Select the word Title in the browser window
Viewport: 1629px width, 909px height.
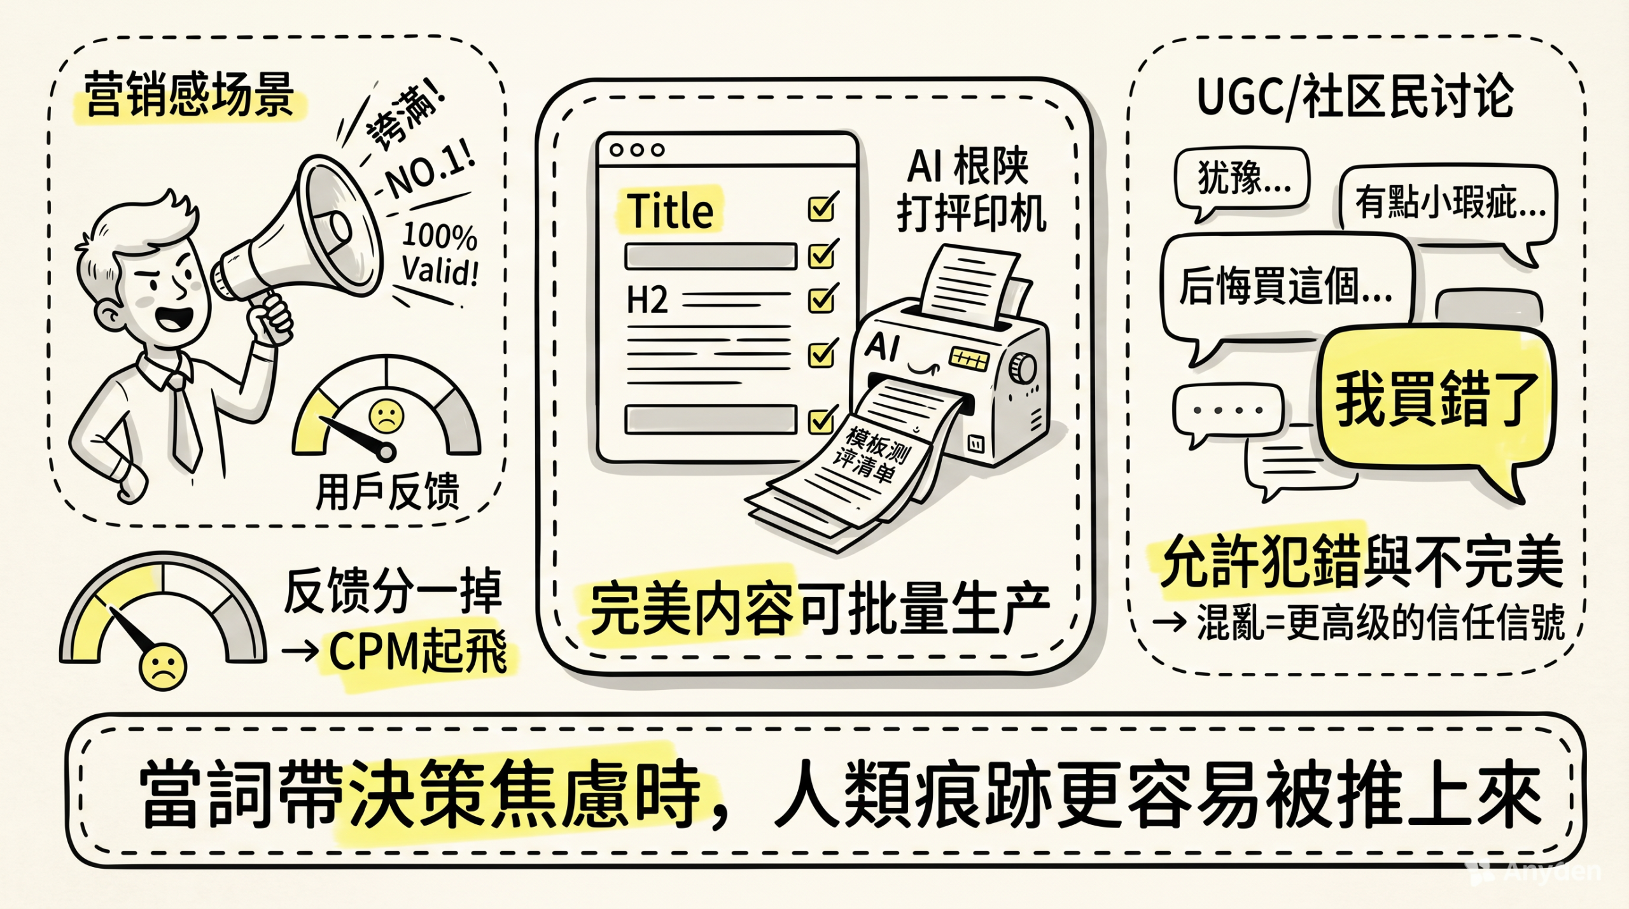click(670, 210)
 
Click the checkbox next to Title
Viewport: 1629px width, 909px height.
click(821, 208)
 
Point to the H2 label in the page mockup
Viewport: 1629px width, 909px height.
click(647, 300)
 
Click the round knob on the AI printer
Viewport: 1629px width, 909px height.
click(1022, 369)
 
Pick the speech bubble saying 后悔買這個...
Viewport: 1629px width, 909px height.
click(1285, 286)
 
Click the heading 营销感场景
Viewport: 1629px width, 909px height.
click(189, 95)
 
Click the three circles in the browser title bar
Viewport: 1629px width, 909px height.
click(636, 150)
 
